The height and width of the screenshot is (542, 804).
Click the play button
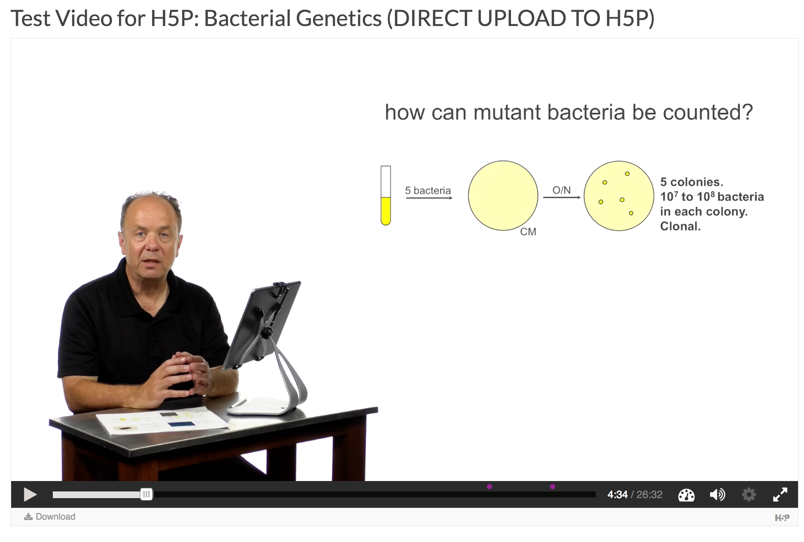click(30, 494)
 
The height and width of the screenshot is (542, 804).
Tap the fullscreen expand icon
click(780, 494)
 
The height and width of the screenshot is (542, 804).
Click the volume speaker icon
click(717, 495)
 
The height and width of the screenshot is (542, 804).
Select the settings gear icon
click(749, 494)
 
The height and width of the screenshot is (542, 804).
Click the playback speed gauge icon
click(686, 495)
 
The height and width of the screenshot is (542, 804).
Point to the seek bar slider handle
click(147, 494)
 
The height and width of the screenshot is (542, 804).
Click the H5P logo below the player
click(782, 517)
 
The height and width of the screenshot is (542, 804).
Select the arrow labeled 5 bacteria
click(429, 198)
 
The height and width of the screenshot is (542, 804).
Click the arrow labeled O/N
click(562, 197)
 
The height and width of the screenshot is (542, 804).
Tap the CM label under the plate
click(528, 232)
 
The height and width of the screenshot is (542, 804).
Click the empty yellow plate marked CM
click(503, 196)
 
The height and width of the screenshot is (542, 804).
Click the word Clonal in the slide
click(680, 226)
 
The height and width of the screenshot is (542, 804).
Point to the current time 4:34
click(617, 495)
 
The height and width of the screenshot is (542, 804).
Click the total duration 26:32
click(649, 495)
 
